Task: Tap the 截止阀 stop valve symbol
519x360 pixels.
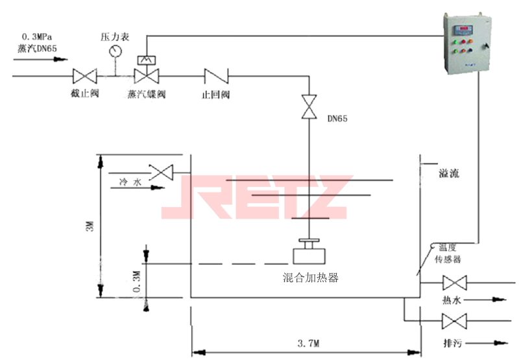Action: (84, 76)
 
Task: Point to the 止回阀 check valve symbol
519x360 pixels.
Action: (214, 76)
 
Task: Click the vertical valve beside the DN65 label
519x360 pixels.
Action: (309, 107)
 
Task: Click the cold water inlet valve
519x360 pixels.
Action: (162, 172)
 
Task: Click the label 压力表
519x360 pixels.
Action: (115, 36)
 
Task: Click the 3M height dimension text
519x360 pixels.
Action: (90, 227)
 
